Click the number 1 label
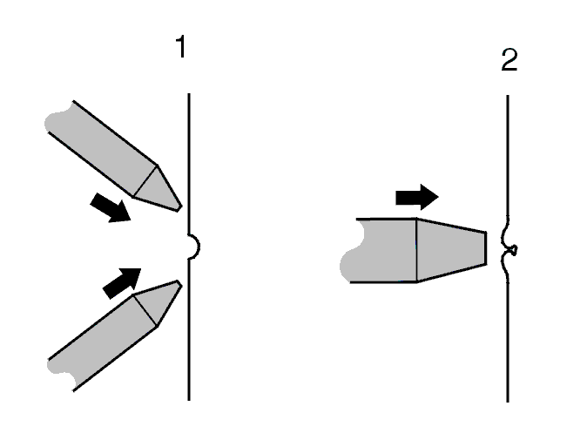[x=181, y=46]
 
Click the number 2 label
[x=509, y=60]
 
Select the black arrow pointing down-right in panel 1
[x=111, y=207]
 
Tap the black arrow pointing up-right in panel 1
[x=122, y=283]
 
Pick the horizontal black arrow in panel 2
[x=417, y=197]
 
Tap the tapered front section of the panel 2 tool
[x=451, y=249]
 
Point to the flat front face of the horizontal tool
[x=486, y=248]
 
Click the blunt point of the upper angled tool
[x=179, y=208]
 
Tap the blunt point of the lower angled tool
[x=179, y=284]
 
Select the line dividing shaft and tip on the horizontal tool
[x=416, y=250]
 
